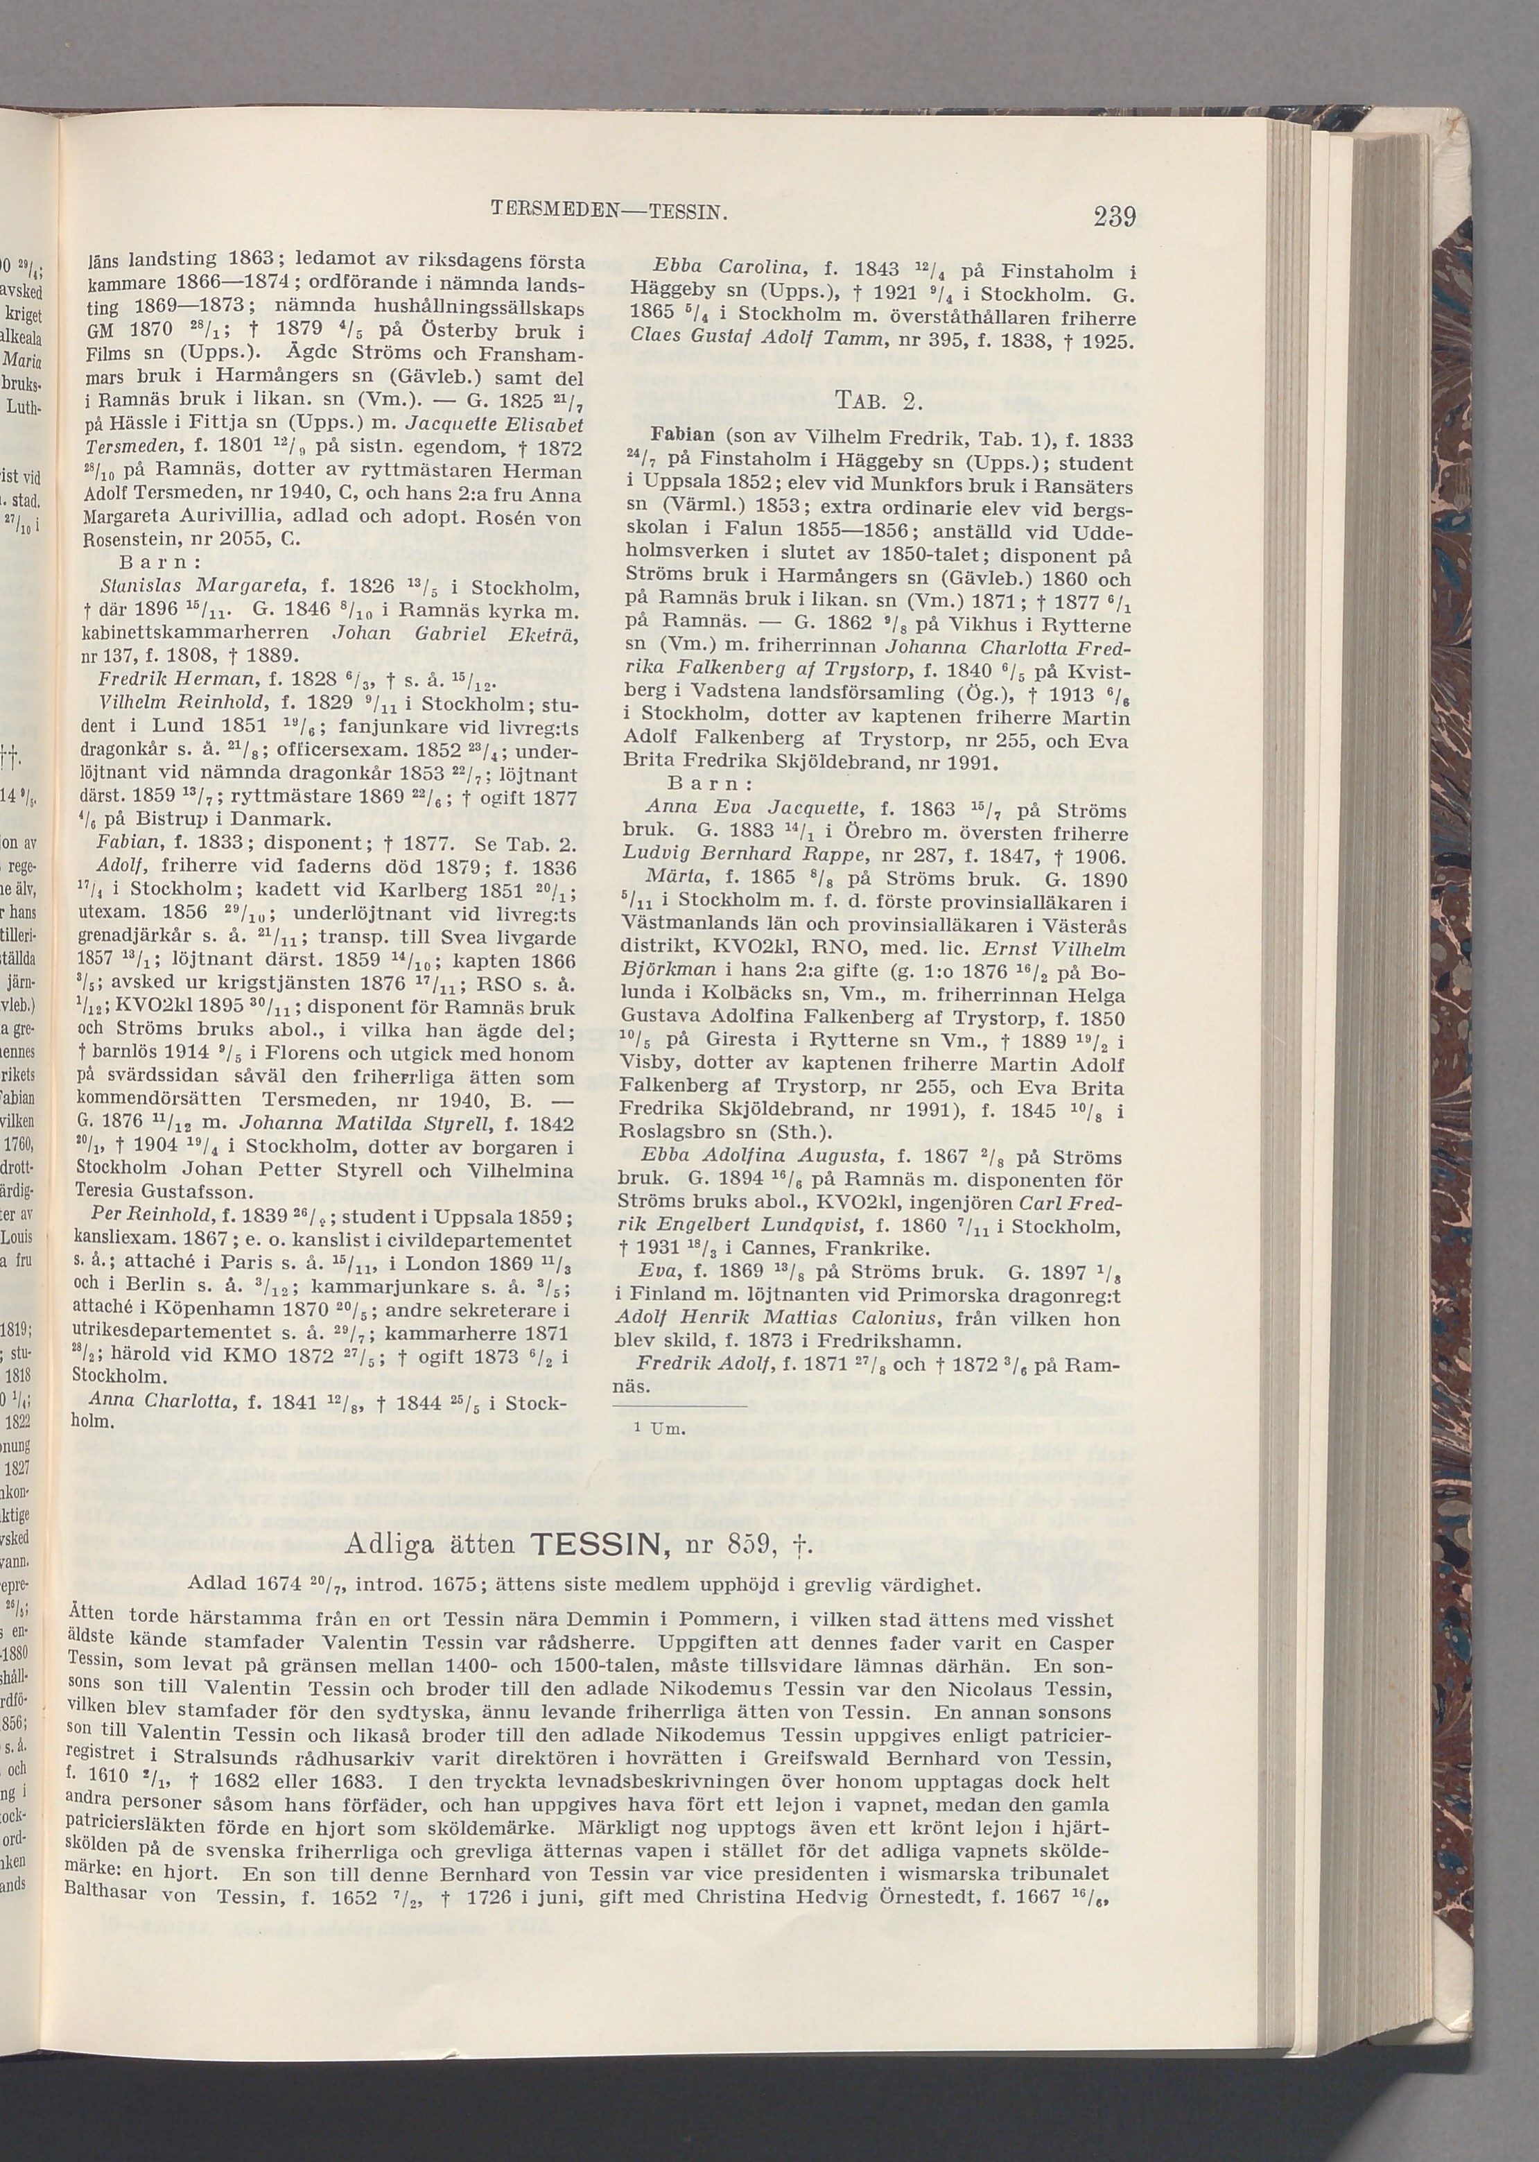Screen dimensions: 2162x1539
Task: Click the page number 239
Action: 1113,217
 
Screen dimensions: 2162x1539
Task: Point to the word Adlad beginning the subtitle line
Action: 218,1584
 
